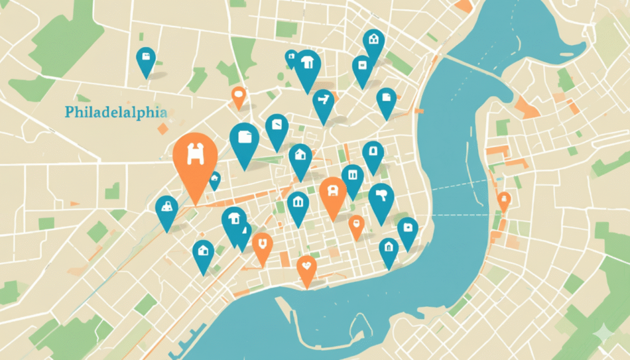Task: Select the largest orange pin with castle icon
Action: tap(195, 158)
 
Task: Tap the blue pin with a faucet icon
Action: tap(323, 102)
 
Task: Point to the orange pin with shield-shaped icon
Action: tap(263, 246)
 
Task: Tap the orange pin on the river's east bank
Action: tap(504, 200)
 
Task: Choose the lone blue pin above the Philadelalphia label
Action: tap(146, 59)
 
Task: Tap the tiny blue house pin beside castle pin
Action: tap(215, 180)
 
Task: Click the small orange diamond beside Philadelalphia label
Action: tap(162, 129)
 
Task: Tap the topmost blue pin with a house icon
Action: tap(373, 42)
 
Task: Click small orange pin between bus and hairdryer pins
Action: tap(356, 225)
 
